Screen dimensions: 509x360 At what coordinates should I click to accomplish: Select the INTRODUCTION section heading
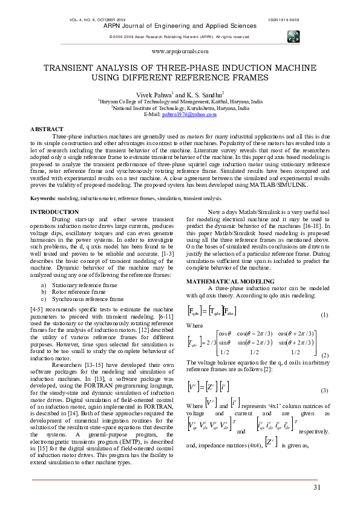pyautogui.click(x=54, y=212)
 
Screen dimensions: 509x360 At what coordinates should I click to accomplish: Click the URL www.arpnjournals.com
pyautogui.click(x=180, y=53)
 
